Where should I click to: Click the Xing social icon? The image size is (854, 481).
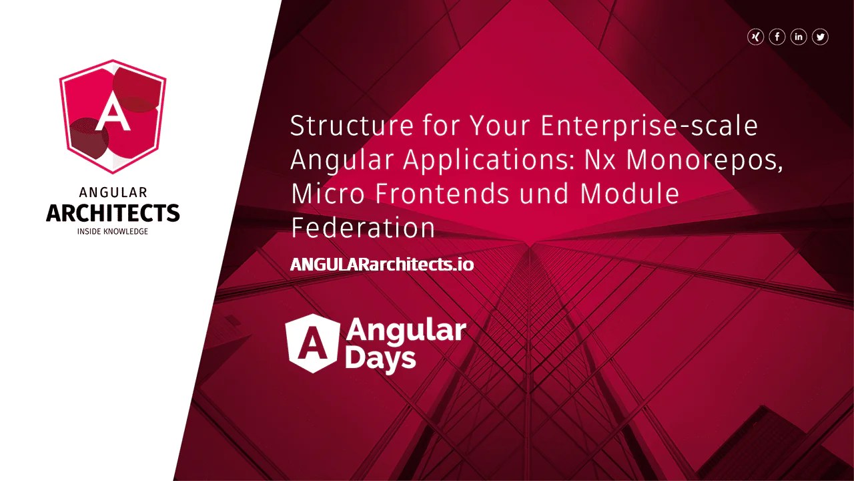[755, 37]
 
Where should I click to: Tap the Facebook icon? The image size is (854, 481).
[777, 37]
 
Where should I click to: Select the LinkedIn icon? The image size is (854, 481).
[799, 37]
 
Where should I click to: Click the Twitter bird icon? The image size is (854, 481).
[820, 37]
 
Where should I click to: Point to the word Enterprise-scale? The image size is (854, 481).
[649, 126]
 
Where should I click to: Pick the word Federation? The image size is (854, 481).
[363, 228]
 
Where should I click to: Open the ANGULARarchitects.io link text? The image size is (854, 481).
[382, 265]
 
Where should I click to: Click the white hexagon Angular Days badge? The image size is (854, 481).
[311, 343]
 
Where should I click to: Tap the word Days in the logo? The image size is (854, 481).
[381, 359]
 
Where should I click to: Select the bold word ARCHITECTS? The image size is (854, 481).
[113, 213]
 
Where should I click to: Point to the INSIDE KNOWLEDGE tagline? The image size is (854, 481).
[113, 232]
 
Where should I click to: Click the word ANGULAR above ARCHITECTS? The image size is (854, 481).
[113, 193]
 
